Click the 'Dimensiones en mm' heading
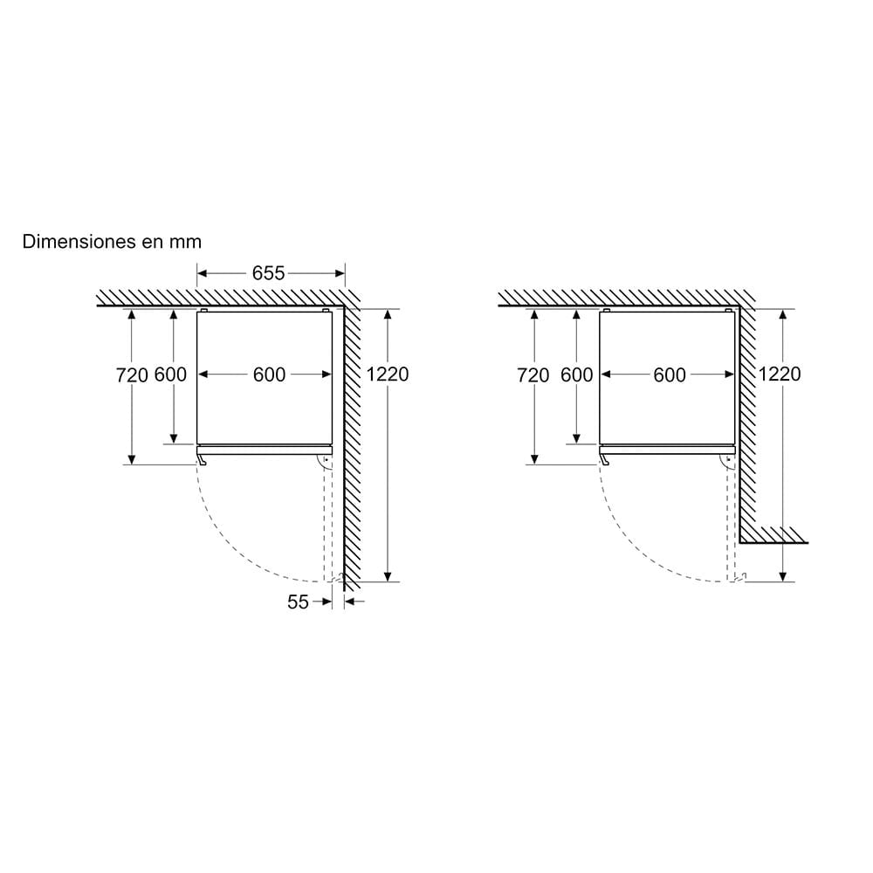click(112, 242)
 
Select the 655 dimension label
click(268, 272)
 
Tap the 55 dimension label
click(298, 601)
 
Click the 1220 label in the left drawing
click(388, 375)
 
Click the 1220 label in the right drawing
click(780, 375)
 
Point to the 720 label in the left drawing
click(132, 375)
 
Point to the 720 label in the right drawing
click(533, 375)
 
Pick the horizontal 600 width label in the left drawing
click(269, 375)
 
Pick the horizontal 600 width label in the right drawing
click(670, 375)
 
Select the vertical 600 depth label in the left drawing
click(170, 375)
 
